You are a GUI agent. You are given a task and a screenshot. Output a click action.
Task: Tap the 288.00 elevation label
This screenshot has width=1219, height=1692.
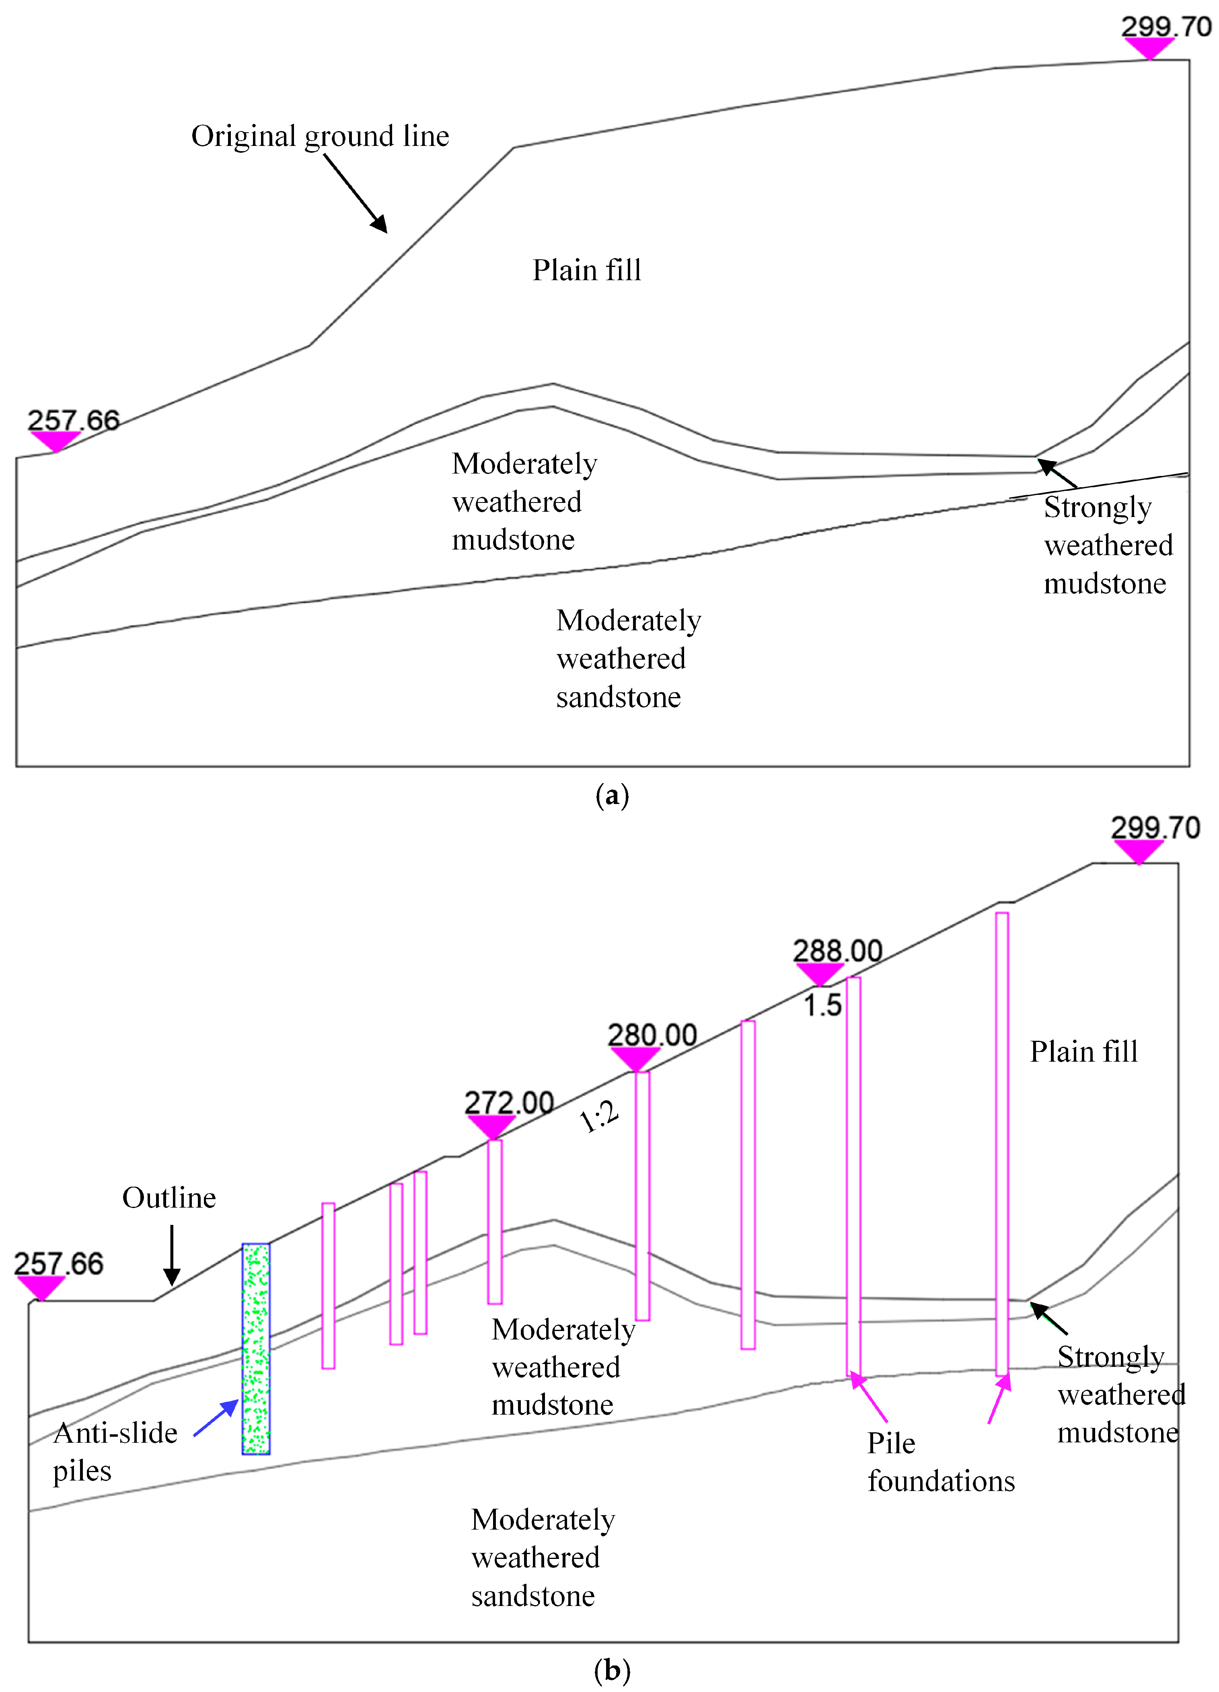click(x=838, y=951)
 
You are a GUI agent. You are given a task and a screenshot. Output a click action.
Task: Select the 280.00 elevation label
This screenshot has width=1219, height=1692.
click(x=652, y=1036)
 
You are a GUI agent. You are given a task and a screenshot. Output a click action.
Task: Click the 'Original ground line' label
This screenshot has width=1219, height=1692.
click(x=320, y=137)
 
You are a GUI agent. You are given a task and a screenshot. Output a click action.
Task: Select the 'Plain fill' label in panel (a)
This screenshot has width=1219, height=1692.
click(x=587, y=270)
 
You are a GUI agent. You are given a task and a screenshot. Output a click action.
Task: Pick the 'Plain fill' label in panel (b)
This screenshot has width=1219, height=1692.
click(x=1084, y=1052)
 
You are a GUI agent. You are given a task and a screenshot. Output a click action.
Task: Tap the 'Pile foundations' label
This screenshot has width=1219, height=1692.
click(x=941, y=1462)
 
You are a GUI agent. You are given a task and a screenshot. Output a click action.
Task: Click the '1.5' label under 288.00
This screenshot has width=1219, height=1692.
click(x=822, y=1006)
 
